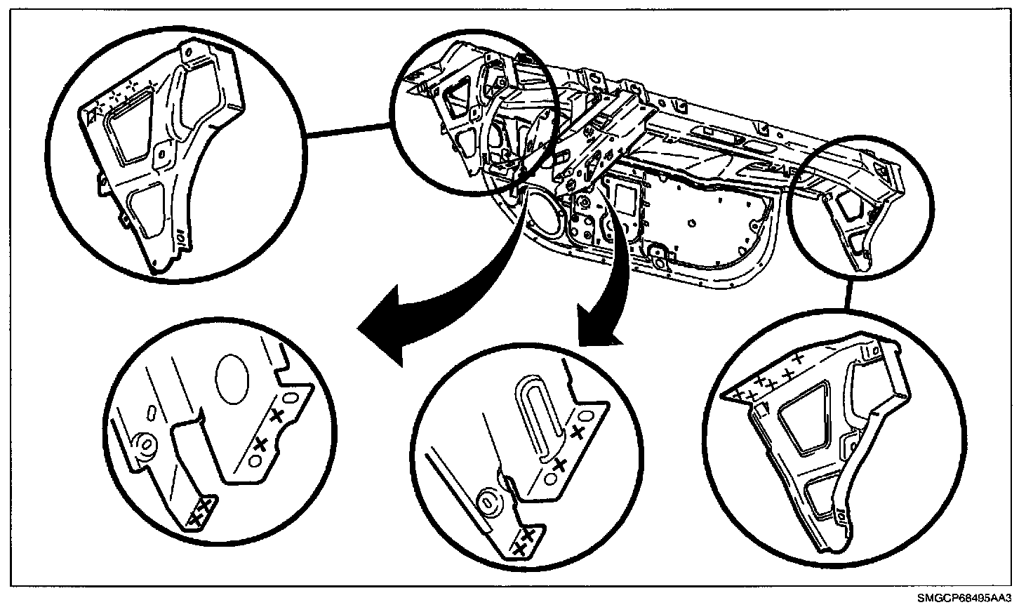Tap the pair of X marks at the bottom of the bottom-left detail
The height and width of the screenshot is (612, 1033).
[x=201, y=510]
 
